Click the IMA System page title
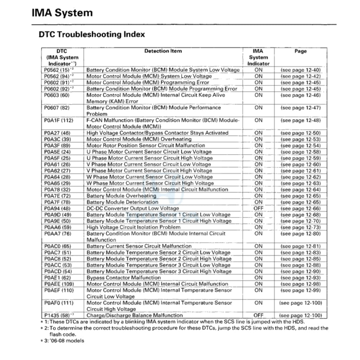pyautogui.click(x=62, y=13)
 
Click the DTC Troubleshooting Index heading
pyautogui.click(x=92, y=34)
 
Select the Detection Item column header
pyautogui.click(x=163, y=51)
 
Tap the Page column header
pyautogui.click(x=300, y=51)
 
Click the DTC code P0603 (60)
pyautogui.click(x=57, y=95)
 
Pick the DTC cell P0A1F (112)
pyautogui.click(x=59, y=120)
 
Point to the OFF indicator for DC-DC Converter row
pyautogui.click(x=258, y=209)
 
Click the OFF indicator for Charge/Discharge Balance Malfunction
pyautogui.click(x=258, y=315)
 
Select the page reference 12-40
pyautogui.click(x=300, y=70)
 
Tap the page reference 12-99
pyautogui.click(x=300, y=290)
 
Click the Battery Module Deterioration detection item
pyautogui.click(x=122, y=202)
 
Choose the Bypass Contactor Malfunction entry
pyautogui.click(x=123, y=278)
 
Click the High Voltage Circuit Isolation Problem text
pyautogui.click(x=133, y=227)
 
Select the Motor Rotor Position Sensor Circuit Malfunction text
pyautogui.click(x=146, y=146)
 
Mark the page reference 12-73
pyautogui.click(x=300, y=228)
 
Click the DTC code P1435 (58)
pyautogui.click(x=57, y=315)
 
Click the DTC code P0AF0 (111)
pyautogui.click(x=59, y=303)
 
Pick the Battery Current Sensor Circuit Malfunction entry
pyautogui.click(x=139, y=246)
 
